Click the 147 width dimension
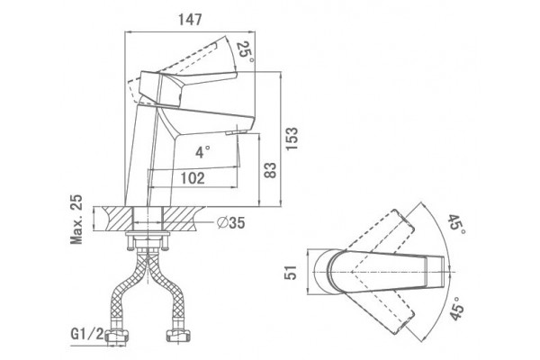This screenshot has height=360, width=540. coord(190,20)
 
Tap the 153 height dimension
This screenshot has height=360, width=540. coord(292,139)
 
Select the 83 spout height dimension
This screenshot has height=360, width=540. coord(270,170)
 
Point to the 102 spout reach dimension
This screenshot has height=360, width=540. coord(193,178)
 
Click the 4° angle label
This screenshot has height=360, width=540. coord(202,152)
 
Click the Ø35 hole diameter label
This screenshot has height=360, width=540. coord(230,223)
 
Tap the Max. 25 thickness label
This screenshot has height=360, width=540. coord(76,219)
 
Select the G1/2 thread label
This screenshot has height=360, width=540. coord(86,334)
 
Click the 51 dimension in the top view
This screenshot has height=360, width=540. coord(291,272)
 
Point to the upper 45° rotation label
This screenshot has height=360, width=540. coord(456,224)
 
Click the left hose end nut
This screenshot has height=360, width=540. coord(116,336)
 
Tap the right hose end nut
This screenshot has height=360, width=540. coord(177,335)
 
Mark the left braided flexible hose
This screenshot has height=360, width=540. coord(127,290)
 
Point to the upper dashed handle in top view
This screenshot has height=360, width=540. coord(379,235)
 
